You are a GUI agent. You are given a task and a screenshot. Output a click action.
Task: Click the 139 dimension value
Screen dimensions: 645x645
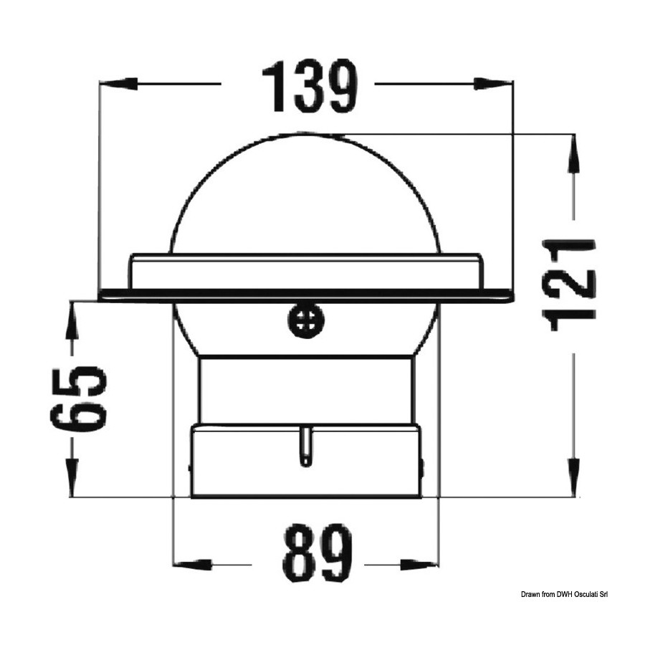pos(310,87)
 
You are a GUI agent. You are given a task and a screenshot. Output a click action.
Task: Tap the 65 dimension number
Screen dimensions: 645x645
pos(78,399)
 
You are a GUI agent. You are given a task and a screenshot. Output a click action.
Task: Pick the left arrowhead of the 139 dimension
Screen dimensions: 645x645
pos(118,83)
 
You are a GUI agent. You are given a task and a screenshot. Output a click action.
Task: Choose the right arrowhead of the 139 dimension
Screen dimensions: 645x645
pos(494,83)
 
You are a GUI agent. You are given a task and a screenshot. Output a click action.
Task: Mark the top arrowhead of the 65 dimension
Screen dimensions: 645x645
pos(73,321)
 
